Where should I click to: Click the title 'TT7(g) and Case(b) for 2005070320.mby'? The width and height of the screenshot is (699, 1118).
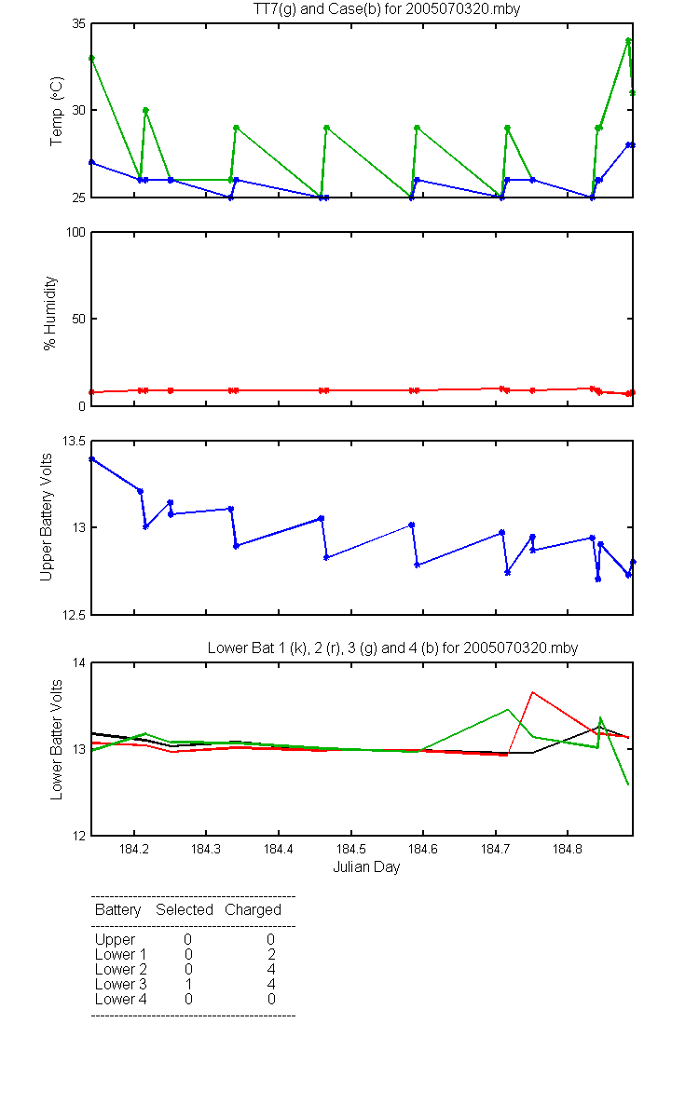(x=387, y=9)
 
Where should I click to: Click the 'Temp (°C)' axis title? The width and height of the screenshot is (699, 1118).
(x=57, y=111)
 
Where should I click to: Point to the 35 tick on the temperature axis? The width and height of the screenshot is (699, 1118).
(x=79, y=23)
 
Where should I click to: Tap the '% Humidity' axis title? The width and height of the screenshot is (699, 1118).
(x=50, y=313)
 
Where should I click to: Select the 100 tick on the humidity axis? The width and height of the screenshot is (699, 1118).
(x=75, y=232)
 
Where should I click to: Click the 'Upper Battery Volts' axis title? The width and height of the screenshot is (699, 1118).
(x=46, y=517)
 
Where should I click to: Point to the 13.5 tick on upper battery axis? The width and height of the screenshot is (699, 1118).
(x=74, y=441)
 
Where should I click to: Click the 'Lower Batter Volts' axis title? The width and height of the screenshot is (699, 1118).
(x=56, y=740)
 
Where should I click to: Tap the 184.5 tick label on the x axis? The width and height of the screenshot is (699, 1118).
(x=351, y=849)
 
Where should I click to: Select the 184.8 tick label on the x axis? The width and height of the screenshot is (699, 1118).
(x=568, y=849)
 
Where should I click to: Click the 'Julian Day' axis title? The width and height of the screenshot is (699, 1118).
(x=366, y=867)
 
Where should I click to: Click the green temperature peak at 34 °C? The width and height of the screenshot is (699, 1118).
(x=628, y=40)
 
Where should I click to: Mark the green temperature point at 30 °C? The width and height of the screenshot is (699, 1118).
(x=145, y=110)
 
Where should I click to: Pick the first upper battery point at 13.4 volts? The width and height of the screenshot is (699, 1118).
(x=91, y=458)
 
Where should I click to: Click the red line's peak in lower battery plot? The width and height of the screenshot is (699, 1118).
(x=533, y=692)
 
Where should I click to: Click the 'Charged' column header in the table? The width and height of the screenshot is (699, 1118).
(x=253, y=910)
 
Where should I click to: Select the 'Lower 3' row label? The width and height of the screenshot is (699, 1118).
(x=121, y=984)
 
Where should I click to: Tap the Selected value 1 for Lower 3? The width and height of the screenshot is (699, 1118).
(x=188, y=984)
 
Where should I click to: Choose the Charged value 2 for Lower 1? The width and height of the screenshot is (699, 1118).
(x=271, y=954)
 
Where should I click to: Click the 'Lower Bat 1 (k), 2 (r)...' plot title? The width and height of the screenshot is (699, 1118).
(x=393, y=648)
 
